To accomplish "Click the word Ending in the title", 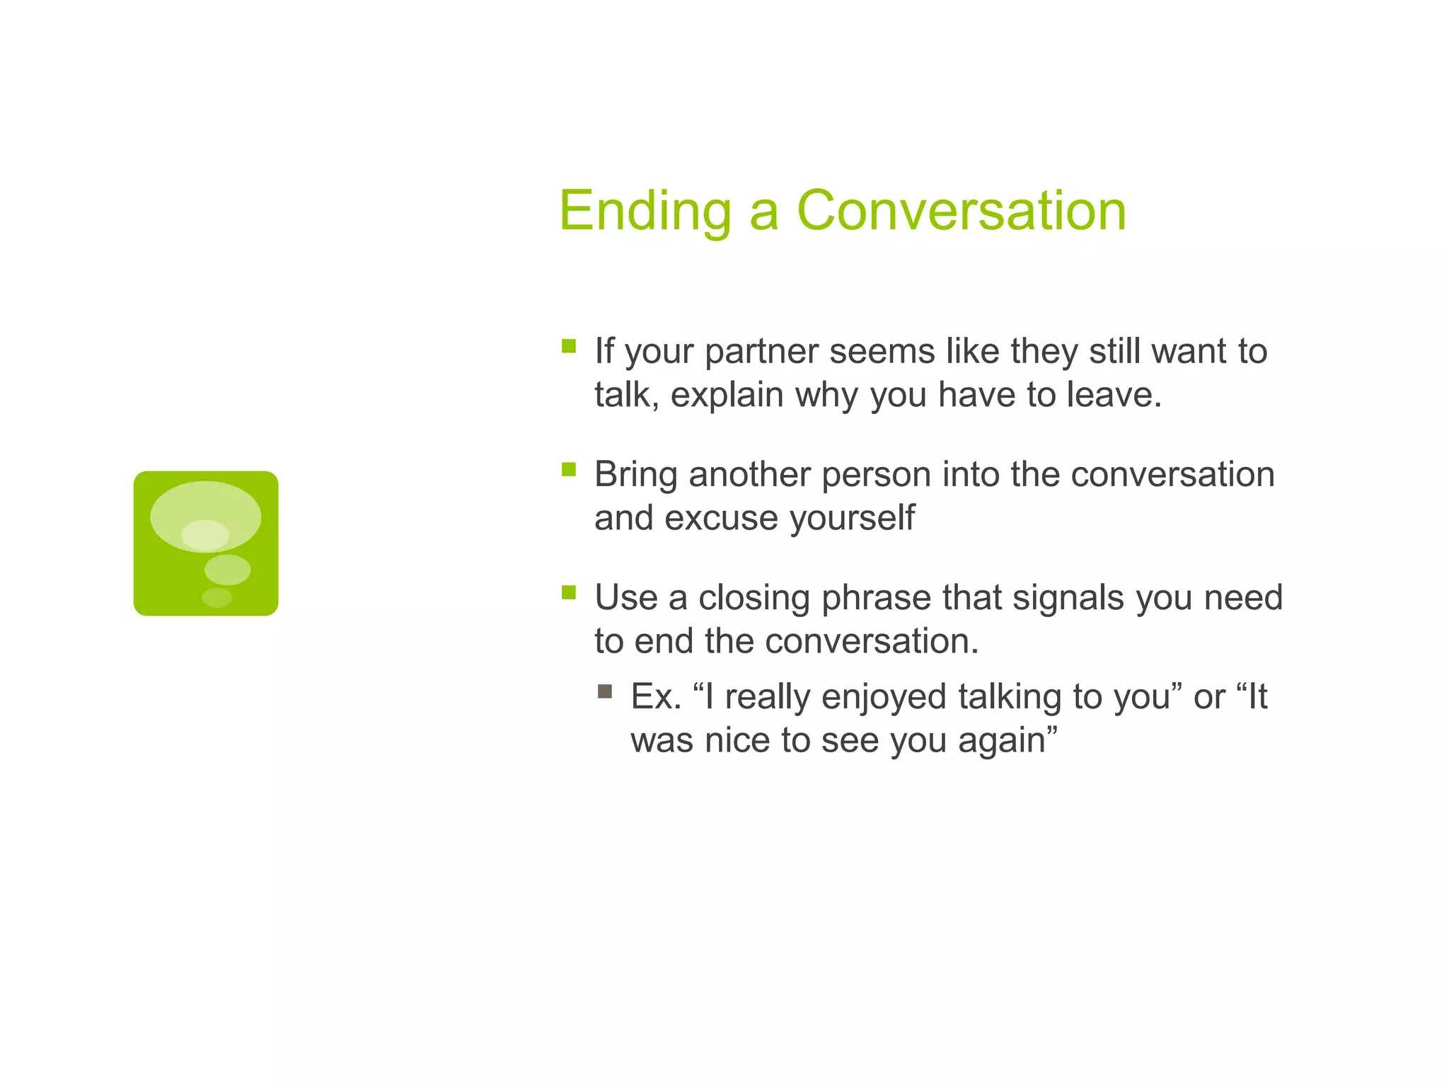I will (x=645, y=211).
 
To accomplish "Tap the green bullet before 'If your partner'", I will (x=569, y=346).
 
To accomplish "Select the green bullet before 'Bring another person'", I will (x=569, y=469).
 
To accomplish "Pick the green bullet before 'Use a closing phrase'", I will (x=569, y=592).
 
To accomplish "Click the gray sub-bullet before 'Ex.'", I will (x=604, y=691).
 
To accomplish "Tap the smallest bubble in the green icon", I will (x=217, y=597).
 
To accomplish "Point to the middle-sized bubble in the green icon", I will (x=227, y=570).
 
